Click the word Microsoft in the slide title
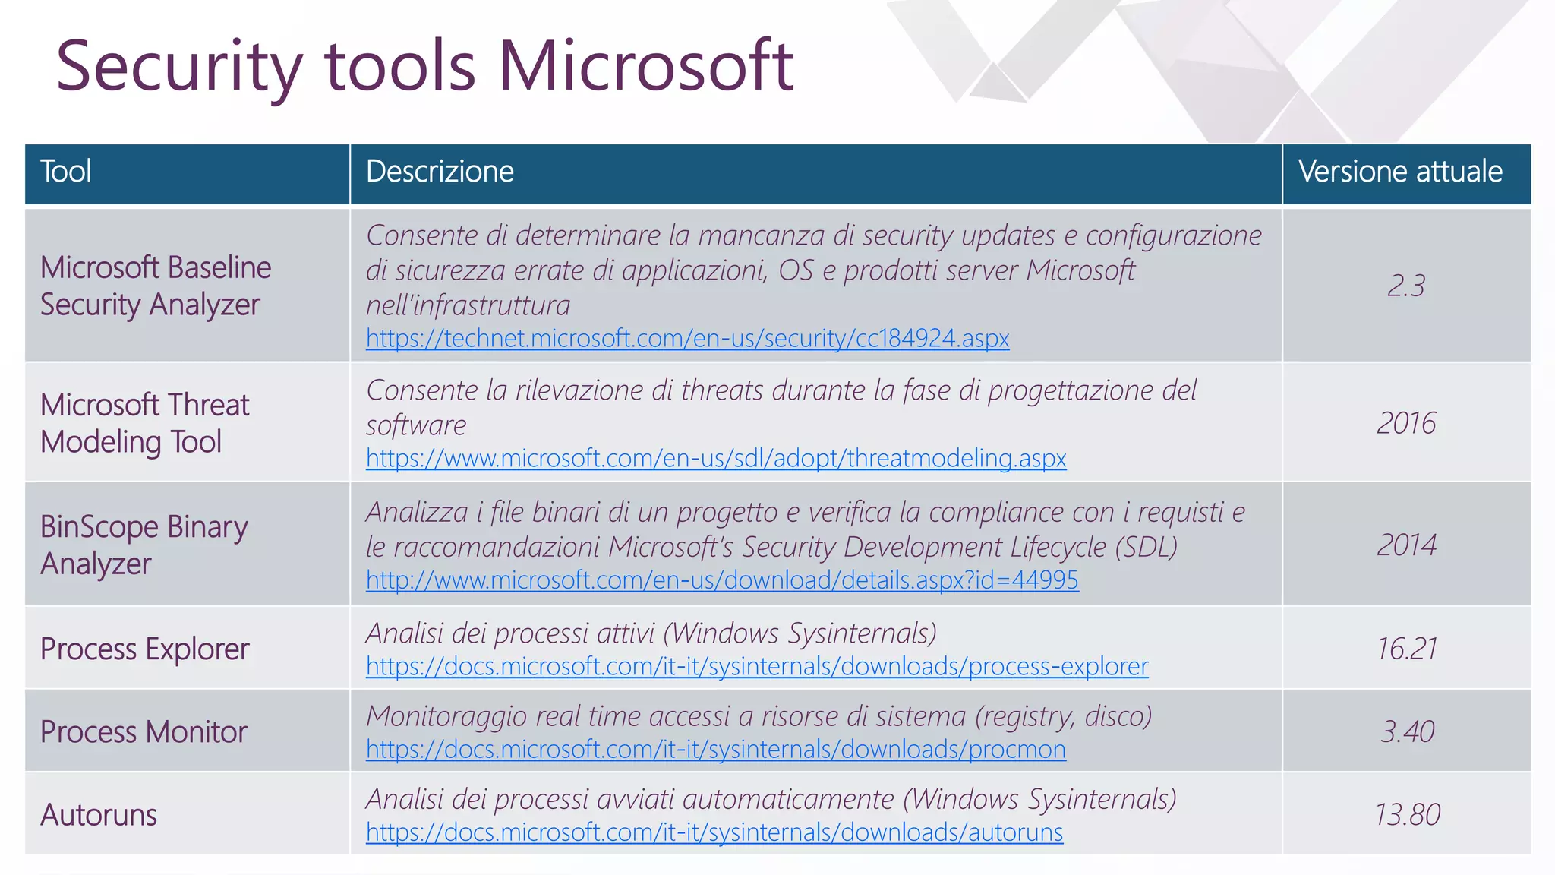tap(645, 66)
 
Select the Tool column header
tap(66, 172)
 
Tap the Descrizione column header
tap(440, 172)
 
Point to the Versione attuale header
tap(1400, 172)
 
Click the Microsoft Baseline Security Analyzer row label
tap(155, 286)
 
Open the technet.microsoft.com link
tap(687, 338)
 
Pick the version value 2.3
tap(1406, 286)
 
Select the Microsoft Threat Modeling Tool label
tap(144, 423)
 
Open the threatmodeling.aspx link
tap(716, 459)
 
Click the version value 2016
tap(1406, 424)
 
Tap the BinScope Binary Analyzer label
tap(144, 545)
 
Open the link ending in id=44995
tap(722, 580)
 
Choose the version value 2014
tap(1406, 545)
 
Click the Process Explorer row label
tap(144, 649)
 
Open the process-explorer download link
tap(757, 667)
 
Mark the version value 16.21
tap(1406, 649)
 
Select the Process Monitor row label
tap(144, 732)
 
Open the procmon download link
tap(716, 750)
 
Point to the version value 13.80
tap(1407, 815)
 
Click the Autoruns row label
tap(99, 815)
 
